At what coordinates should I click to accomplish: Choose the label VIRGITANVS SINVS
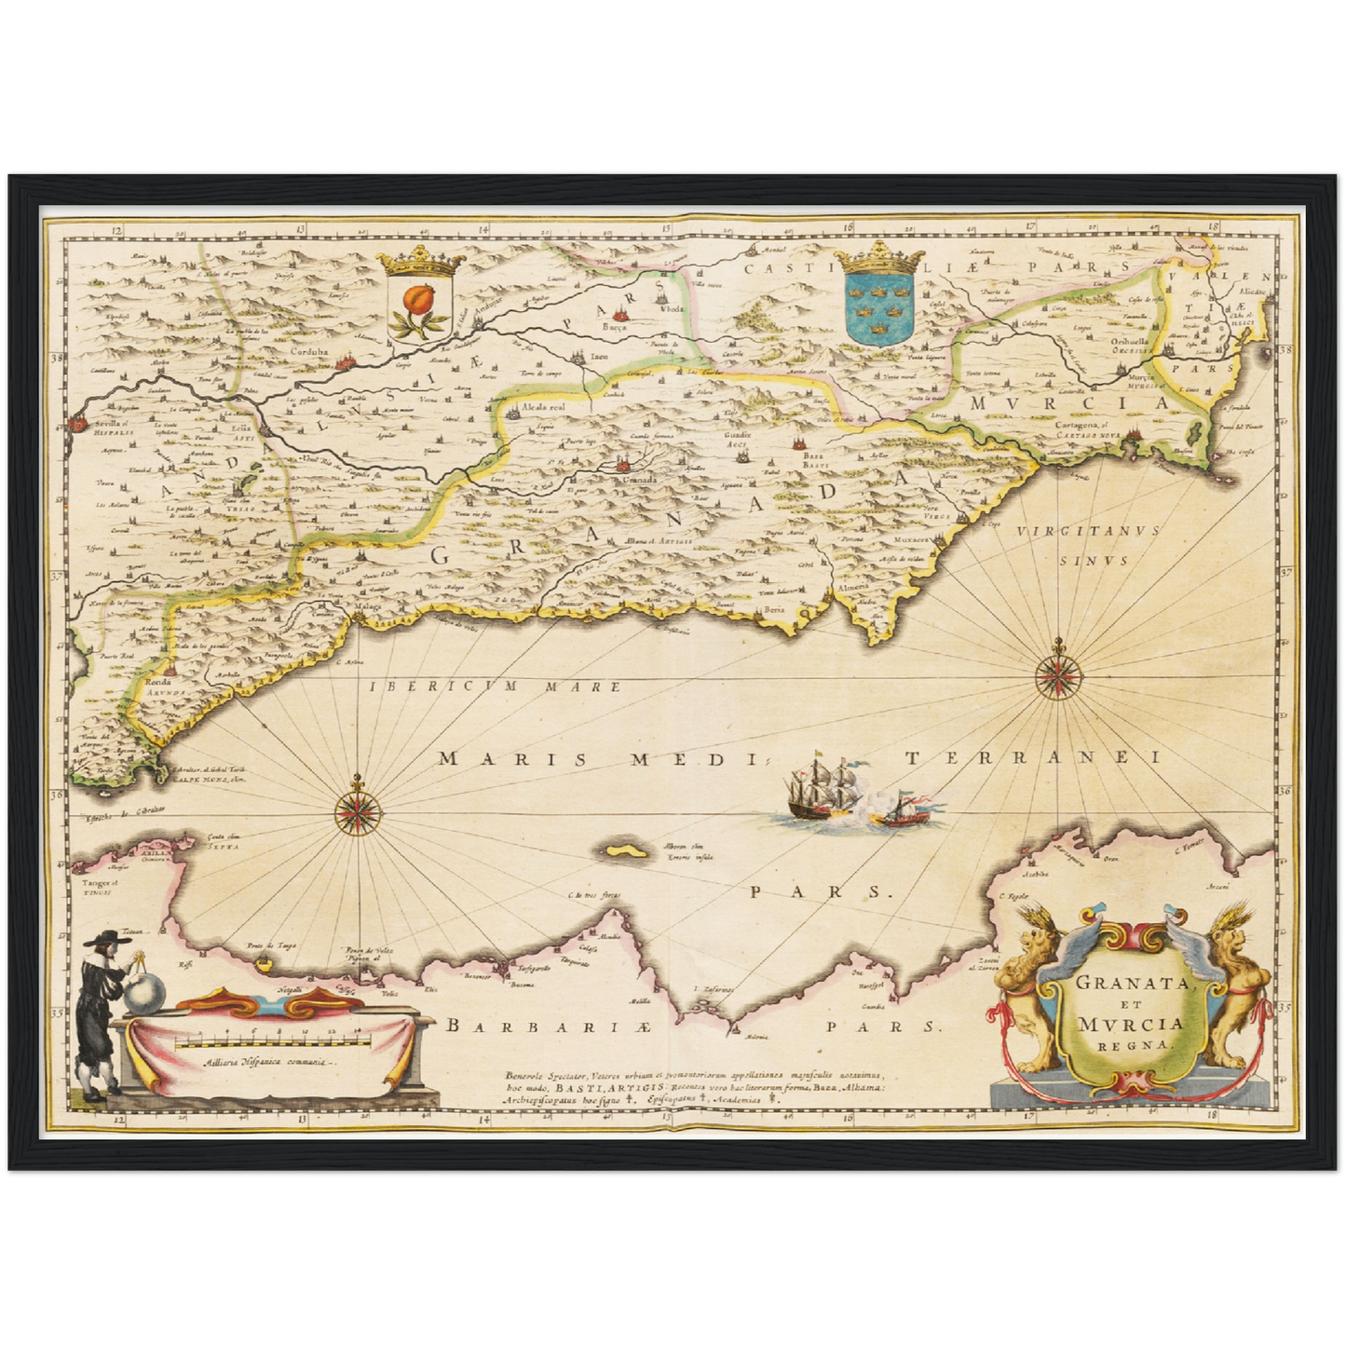(x=1087, y=545)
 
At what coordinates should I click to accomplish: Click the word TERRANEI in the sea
(x=1034, y=757)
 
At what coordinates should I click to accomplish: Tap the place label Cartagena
(x=1078, y=424)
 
